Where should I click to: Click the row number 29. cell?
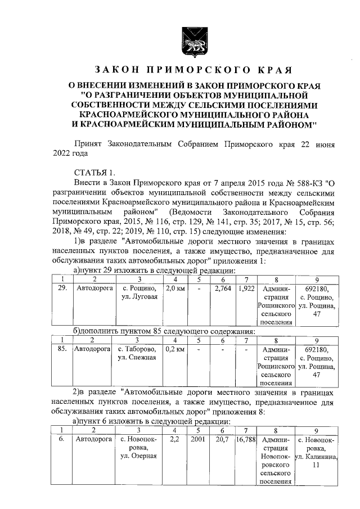(x=62, y=289)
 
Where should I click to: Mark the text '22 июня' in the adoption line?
(x=317, y=144)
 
